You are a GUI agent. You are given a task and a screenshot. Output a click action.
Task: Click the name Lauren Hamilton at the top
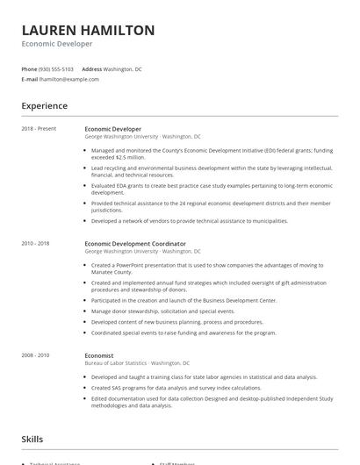coord(88,31)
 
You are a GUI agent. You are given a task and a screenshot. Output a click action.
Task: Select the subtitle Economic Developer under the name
coord(57,44)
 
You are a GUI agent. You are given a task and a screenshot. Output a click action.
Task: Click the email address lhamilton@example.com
coord(69,79)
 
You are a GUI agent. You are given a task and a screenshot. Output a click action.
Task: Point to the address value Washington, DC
coord(124,68)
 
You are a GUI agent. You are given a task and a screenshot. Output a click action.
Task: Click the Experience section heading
coord(45,106)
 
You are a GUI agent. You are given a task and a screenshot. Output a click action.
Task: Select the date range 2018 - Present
coord(39,129)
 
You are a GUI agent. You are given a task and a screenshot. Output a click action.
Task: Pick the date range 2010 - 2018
coord(36,243)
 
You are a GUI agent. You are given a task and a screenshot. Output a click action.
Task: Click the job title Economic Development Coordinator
coord(135,243)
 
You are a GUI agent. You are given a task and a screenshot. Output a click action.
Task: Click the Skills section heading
coord(32,439)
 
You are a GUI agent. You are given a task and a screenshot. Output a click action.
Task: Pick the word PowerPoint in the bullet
coord(125,265)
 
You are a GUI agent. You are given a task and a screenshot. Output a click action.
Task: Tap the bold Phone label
coord(29,68)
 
